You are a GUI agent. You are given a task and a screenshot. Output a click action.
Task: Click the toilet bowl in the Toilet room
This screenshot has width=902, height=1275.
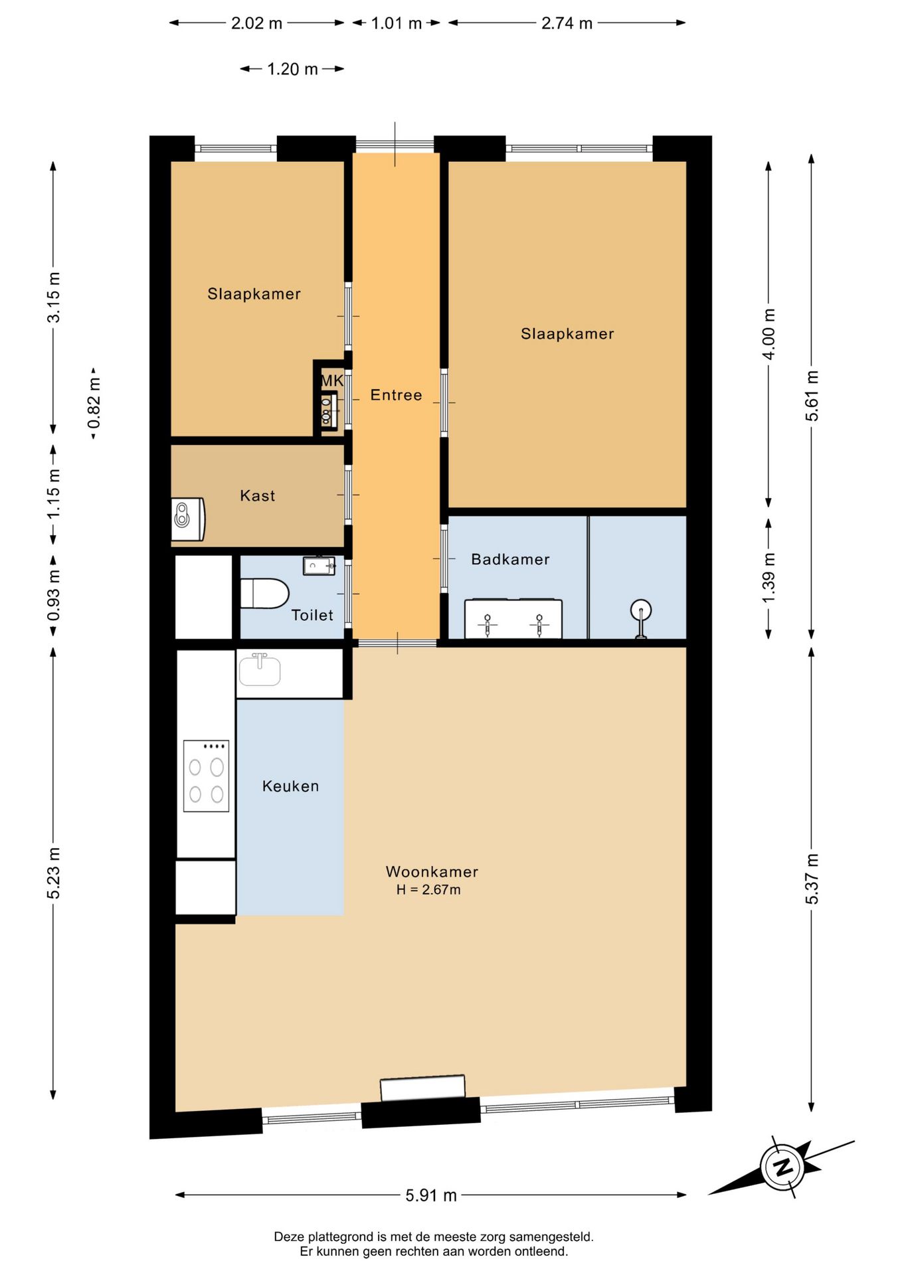264,593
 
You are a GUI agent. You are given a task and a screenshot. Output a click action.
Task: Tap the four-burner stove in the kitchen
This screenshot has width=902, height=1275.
206,776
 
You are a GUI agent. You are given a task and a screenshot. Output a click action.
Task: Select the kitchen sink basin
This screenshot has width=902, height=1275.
260,671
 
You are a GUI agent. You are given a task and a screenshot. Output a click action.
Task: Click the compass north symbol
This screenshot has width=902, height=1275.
784,1167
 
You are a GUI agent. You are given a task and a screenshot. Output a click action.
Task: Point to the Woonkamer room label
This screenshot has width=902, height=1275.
432,871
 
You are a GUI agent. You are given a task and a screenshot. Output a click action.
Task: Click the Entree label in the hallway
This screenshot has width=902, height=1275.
396,395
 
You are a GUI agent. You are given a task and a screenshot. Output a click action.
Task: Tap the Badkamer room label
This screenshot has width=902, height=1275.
510,559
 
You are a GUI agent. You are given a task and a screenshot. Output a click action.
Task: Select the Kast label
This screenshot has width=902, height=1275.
257,495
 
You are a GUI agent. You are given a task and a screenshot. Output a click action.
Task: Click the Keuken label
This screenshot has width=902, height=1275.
290,786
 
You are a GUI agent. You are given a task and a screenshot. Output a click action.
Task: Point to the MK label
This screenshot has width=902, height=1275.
332,381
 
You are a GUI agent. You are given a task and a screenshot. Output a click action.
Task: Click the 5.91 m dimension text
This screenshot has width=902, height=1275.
431,1195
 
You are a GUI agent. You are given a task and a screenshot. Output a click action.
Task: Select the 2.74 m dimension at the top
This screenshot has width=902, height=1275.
567,23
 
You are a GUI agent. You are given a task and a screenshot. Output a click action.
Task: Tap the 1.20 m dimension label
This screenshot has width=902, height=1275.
292,69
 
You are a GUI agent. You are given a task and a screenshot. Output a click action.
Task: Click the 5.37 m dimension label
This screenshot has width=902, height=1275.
812,879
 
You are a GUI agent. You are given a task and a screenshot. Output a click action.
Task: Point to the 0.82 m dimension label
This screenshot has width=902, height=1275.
94,403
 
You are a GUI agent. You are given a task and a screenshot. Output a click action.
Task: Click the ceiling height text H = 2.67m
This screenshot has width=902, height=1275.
428,890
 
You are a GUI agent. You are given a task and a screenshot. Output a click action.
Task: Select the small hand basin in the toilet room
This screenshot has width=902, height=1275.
319,566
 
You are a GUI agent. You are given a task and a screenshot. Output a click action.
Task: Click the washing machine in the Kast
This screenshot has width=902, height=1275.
188,519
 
